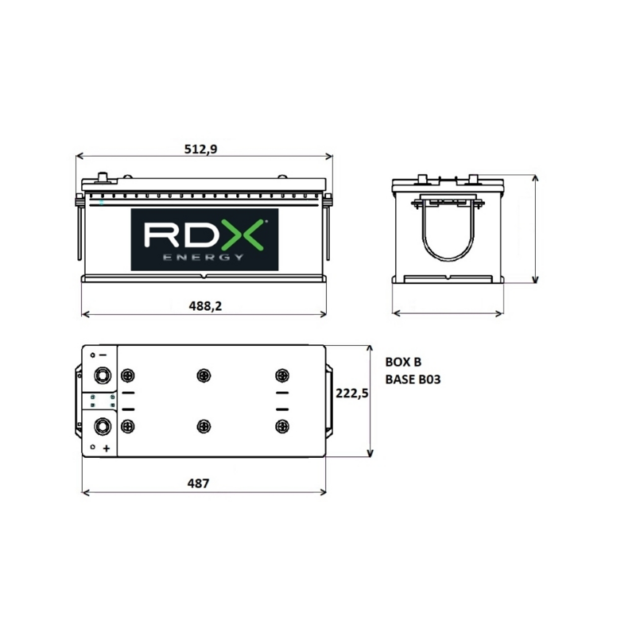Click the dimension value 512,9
click(x=203, y=149)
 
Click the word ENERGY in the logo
click(x=202, y=257)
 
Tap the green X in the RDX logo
click(x=242, y=235)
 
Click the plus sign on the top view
click(x=106, y=448)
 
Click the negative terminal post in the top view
click(x=103, y=375)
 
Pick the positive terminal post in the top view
click(x=103, y=426)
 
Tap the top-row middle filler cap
click(x=204, y=375)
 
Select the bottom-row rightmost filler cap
click(x=281, y=426)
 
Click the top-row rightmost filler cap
click(x=281, y=375)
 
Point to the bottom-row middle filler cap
click(x=204, y=426)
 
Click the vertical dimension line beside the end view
click(x=535, y=231)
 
